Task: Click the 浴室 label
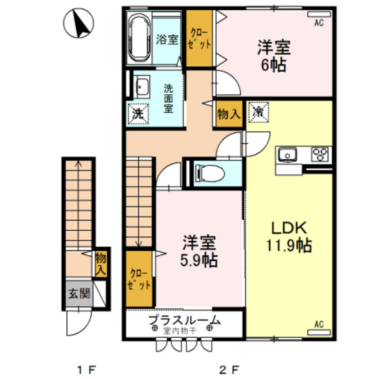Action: pos(168,39)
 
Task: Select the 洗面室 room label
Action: pos(170,97)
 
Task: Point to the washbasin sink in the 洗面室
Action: pos(142,87)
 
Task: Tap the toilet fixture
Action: pos(208,173)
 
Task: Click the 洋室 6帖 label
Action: pos(273,56)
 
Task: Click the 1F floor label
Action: pos(84,370)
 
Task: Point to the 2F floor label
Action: pos(228,370)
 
